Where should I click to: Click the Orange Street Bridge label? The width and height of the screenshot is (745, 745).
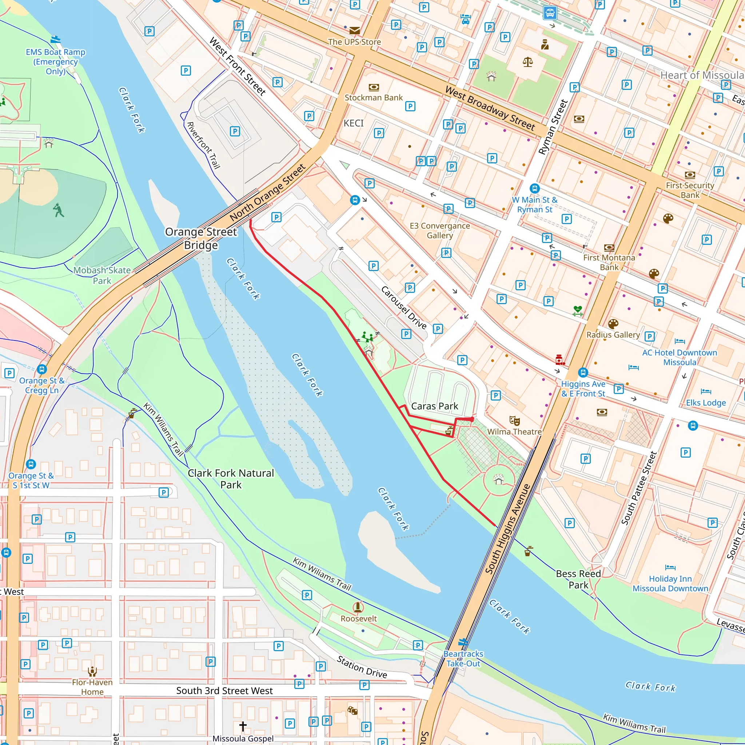[201, 238]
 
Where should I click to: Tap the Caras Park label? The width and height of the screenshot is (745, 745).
[435, 406]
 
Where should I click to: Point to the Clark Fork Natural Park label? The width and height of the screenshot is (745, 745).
[231, 479]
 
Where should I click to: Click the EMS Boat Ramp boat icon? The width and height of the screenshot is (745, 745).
[56, 39]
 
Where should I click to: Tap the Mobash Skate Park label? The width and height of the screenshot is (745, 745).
[102, 275]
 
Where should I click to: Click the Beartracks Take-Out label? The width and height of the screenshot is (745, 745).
[463, 659]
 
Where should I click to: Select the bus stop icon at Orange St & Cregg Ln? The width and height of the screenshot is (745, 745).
[42, 368]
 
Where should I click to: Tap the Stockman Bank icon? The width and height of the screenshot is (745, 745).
[374, 87]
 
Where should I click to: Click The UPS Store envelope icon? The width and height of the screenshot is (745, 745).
[354, 31]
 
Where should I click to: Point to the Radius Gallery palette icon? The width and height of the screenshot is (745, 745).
[613, 323]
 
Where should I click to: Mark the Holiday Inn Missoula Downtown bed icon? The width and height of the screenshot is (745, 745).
[670, 567]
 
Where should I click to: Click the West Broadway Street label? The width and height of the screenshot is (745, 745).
[490, 108]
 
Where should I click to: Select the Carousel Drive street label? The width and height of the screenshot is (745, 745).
[404, 307]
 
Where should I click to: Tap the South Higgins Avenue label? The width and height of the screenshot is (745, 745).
[507, 529]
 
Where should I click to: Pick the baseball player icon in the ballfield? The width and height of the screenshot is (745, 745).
[58, 210]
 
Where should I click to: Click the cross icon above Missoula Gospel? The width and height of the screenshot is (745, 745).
[243, 726]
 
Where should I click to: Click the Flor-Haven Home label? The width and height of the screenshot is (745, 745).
[92, 687]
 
